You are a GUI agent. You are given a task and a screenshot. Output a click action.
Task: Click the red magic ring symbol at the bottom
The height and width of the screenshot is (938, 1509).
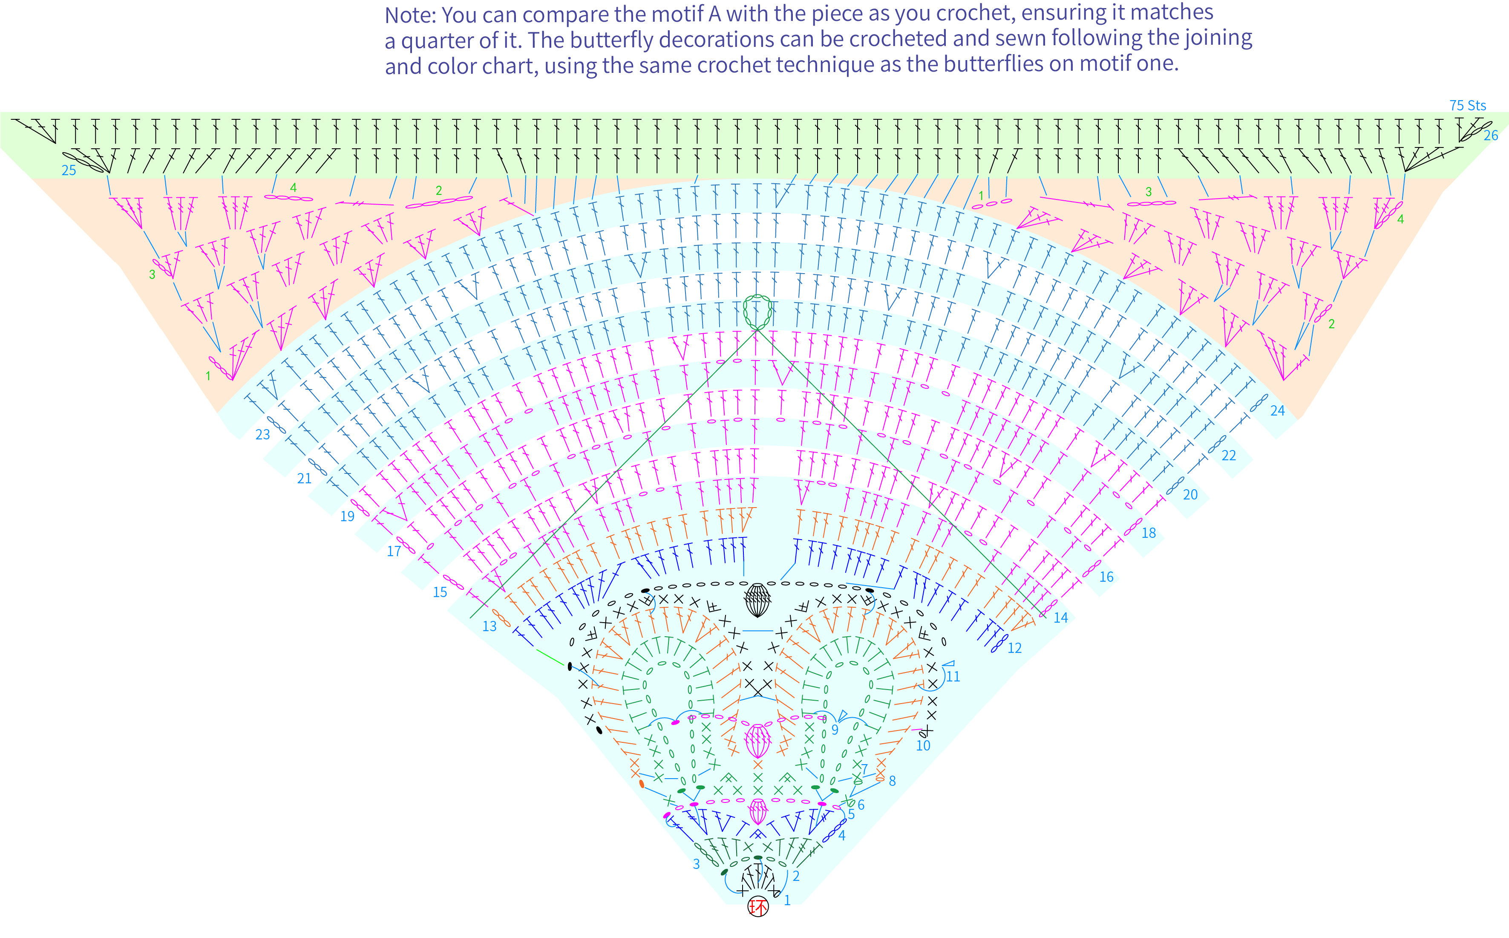[757, 907]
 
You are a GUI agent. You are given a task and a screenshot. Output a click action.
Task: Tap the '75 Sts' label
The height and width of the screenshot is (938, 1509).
[1468, 105]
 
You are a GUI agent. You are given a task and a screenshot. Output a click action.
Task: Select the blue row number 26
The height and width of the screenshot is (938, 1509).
[1490, 135]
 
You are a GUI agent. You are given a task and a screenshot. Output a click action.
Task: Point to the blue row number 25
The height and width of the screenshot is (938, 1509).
[69, 170]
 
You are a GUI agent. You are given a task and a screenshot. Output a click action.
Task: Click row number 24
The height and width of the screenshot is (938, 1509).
[1277, 411]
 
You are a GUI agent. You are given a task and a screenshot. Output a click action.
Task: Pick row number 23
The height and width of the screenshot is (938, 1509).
[263, 435]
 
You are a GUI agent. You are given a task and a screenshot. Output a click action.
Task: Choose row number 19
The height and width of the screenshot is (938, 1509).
[347, 516]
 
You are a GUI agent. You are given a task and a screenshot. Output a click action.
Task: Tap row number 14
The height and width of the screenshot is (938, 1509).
[1061, 617]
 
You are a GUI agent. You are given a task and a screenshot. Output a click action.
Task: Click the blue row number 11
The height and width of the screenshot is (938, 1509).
[953, 677]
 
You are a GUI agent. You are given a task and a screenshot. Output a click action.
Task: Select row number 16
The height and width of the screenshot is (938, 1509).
[1107, 577]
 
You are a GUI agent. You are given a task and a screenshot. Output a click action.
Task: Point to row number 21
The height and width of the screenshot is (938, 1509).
[304, 478]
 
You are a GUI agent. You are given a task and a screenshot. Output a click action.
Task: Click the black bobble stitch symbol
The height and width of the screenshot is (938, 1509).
[757, 600]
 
